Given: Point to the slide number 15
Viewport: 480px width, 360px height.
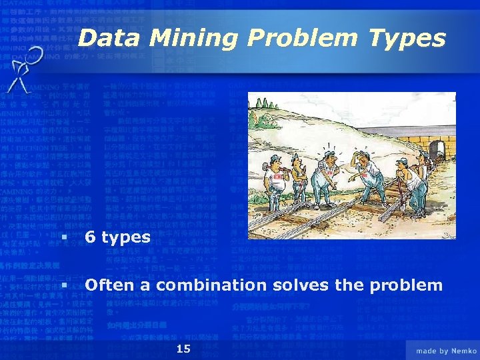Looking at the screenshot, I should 184,349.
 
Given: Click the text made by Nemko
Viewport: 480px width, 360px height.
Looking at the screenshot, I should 446,350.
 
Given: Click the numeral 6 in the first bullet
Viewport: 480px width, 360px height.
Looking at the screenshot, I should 91,237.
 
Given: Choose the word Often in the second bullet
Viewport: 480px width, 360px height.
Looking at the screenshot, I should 109,285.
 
